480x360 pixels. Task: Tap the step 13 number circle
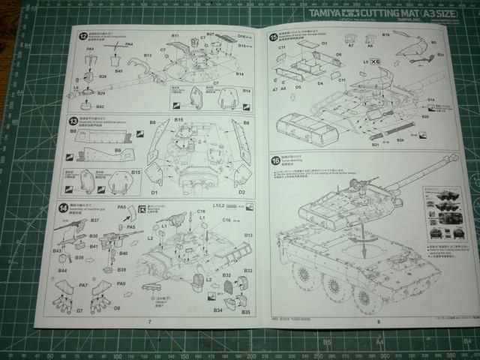point(73,121)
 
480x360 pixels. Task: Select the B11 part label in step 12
point(174,36)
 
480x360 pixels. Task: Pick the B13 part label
point(148,55)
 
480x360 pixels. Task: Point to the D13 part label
point(248,235)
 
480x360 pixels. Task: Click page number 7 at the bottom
point(150,321)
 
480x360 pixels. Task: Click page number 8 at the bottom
point(379,321)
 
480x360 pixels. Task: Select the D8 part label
point(120,309)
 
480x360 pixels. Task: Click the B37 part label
point(73,220)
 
